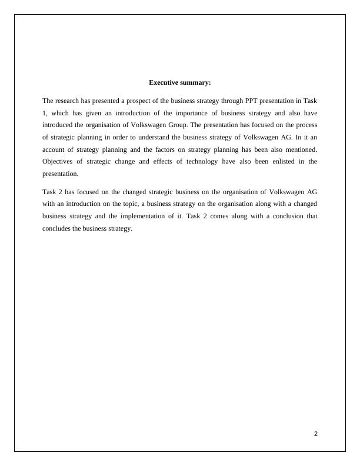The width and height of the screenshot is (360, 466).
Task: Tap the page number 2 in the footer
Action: coord(316,434)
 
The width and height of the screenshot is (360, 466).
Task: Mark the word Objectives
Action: coord(60,161)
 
